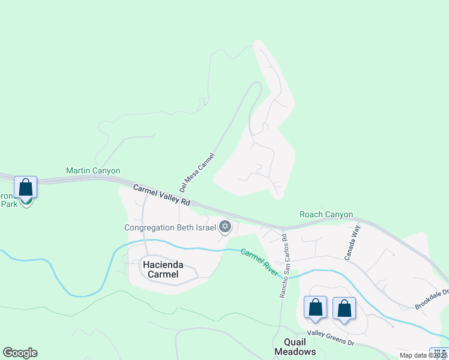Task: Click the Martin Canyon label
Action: pos(93,171)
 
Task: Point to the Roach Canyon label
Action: pos(326,214)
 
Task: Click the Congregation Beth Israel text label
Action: pos(170,227)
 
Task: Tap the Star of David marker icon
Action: pos(225,226)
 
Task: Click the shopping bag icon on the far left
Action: pos(25,187)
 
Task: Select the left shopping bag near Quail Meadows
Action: pos(315,308)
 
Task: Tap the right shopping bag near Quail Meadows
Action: pos(344,308)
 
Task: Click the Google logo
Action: pos(20,353)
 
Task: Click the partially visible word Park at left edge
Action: pos(8,204)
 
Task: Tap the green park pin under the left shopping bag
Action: pos(26,202)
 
